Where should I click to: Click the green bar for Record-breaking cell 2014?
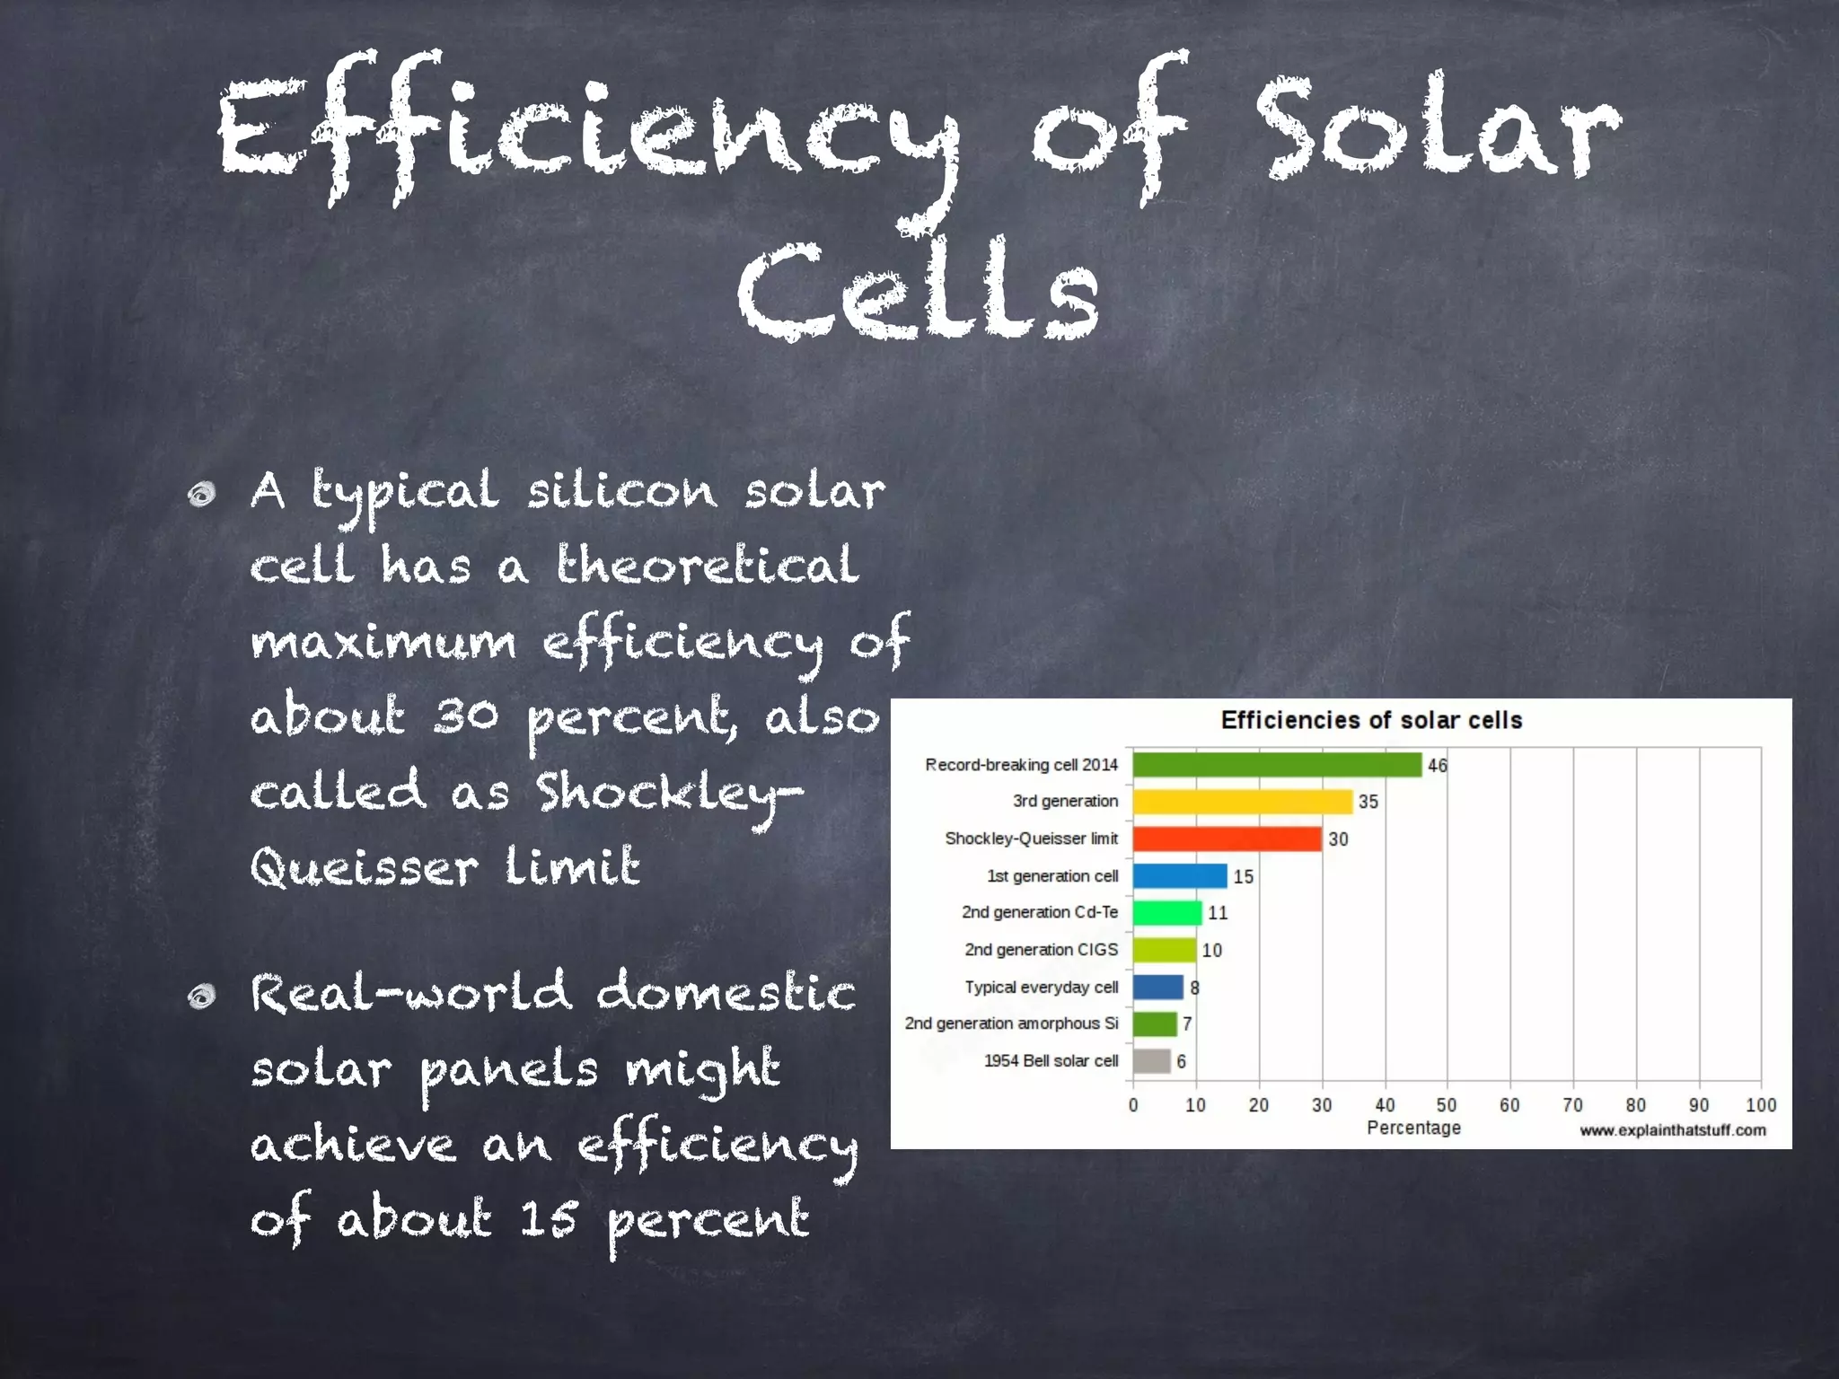click(1276, 765)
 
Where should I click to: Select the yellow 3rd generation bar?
click(1242, 802)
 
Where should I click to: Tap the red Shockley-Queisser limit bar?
click(1227, 839)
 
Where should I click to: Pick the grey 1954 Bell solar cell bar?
click(1151, 1061)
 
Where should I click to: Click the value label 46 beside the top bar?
click(1437, 766)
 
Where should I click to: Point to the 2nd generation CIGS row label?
click(1041, 950)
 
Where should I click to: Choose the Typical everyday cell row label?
click(1041, 988)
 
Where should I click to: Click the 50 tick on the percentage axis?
click(1447, 1105)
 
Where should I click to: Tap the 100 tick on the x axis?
click(1760, 1105)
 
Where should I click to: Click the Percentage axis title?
click(1413, 1128)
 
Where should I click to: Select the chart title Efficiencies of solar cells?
click(1371, 720)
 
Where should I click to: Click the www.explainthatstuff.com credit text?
click(1672, 1130)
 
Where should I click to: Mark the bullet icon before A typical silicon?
click(203, 495)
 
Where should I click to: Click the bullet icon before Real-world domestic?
click(203, 996)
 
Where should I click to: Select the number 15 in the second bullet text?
click(548, 1219)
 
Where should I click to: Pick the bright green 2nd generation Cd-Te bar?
click(1166, 913)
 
